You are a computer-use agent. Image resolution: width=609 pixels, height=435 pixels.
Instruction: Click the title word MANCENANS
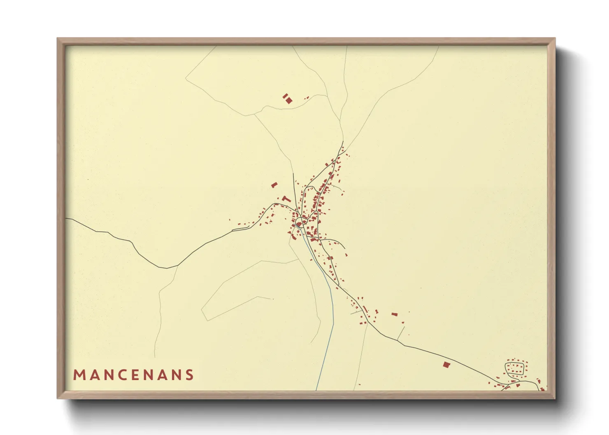tap(133, 375)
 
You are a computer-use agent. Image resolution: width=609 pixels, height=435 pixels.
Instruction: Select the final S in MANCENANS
tap(190, 375)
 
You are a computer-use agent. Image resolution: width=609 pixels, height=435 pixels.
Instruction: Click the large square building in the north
tap(289, 100)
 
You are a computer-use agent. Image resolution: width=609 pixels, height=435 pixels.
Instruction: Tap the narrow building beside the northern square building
tap(285, 96)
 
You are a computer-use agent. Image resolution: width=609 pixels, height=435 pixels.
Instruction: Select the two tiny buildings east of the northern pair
tap(307, 97)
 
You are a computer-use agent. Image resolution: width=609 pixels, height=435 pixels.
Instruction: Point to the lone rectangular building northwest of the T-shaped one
tap(274, 185)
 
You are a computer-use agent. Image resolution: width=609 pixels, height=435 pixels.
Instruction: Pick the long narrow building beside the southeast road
tap(365, 309)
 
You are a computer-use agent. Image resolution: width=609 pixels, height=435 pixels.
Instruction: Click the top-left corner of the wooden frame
tap(58, 39)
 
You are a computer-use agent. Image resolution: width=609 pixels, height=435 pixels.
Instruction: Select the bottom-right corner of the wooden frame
tap(555, 398)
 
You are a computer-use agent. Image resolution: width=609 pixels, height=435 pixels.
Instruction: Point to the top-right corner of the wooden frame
tap(555, 39)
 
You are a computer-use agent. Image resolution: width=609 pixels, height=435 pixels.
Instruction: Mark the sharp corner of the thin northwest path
tap(186, 78)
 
